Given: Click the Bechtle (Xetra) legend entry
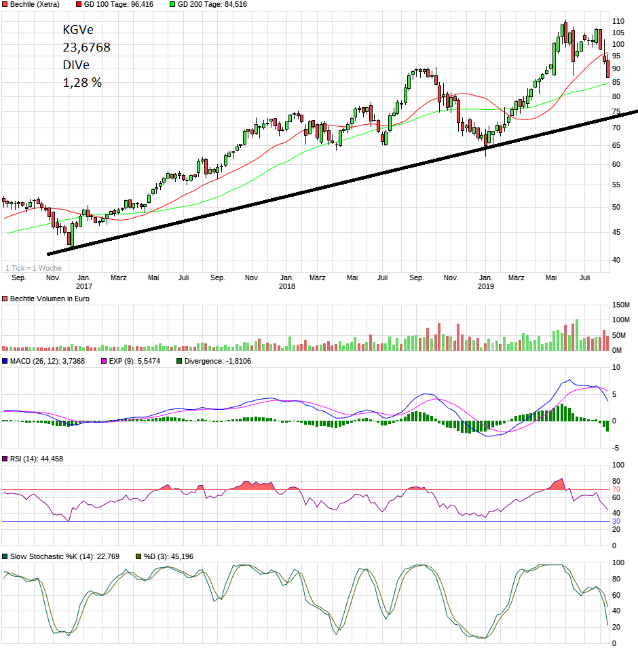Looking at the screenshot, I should tap(35, 4).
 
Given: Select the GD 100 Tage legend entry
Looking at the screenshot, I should tap(118, 4).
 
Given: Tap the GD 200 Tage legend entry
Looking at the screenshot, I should tap(212, 4).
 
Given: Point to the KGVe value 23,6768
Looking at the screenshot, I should tap(86, 47).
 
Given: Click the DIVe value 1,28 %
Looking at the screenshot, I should tap(82, 83).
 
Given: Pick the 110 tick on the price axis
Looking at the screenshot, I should tap(618, 22).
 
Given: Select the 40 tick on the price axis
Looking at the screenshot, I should tap(616, 260).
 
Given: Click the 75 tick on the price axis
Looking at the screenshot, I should tap(616, 109).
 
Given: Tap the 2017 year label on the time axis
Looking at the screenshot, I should tap(84, 286).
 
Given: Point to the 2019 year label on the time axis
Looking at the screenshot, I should tap(486, 286).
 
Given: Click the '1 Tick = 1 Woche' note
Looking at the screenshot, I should tap(33, 268).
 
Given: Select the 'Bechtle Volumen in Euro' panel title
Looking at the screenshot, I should tap(50, 299).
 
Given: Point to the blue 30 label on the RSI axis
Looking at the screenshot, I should tap(616, 521).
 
